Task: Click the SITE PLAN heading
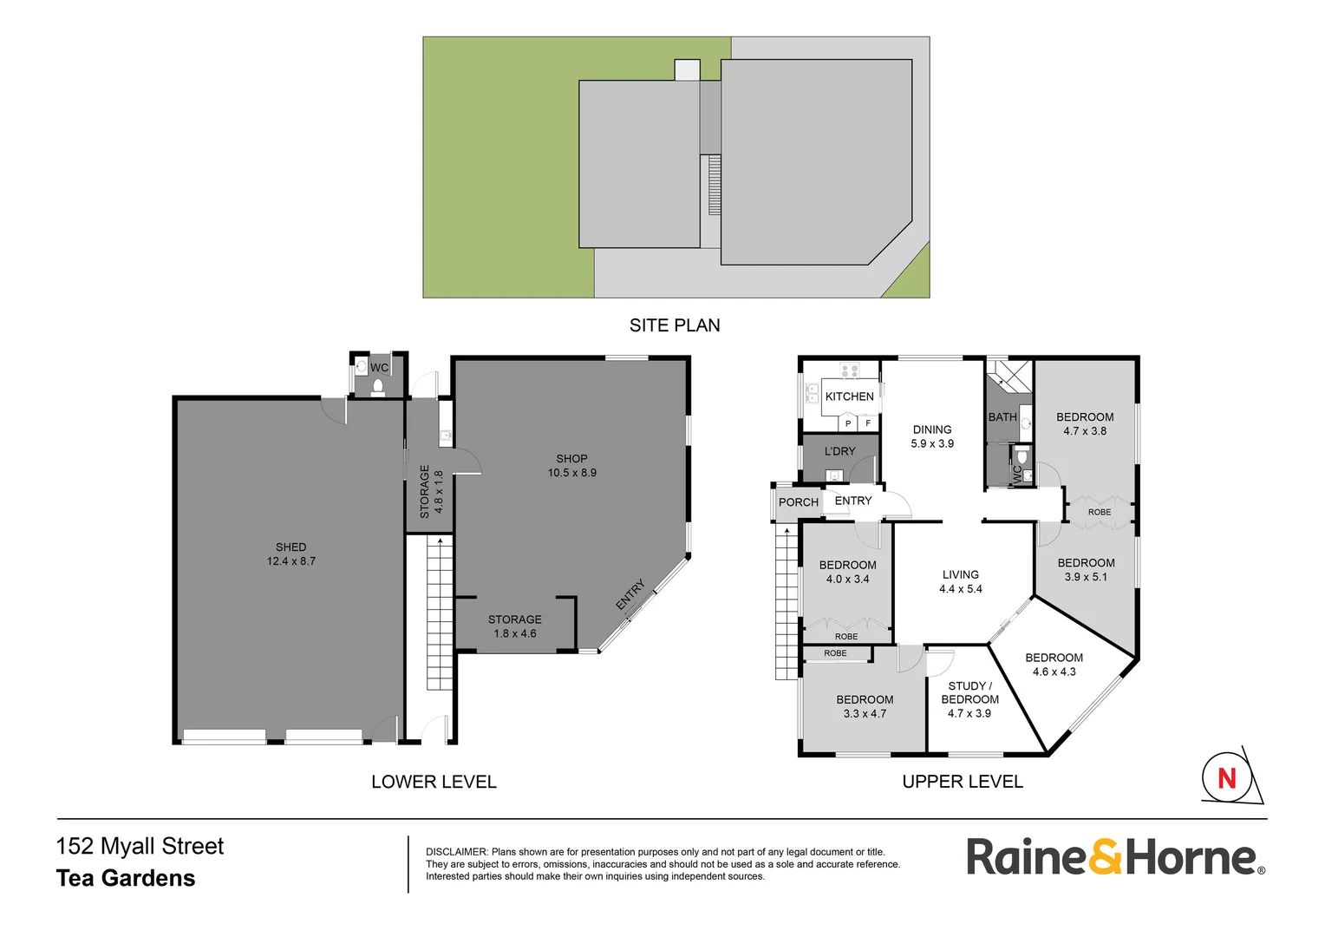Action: tap(675, 325)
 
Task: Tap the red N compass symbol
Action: tap(1226, 777)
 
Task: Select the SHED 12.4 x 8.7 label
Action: tap(291, 554)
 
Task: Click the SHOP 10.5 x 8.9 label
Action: tap(572, 466)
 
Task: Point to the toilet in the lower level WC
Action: tap(378, 387)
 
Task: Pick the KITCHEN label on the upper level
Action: tap(849, 396)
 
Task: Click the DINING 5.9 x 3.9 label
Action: tap(932, 436)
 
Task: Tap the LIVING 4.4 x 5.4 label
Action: tap(961, 581)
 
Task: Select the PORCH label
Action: tap(799, 502)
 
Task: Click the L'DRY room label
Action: tap(839, 451)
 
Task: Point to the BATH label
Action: tap(1002, 417)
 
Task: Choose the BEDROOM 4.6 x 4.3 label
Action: tap(1054, 665)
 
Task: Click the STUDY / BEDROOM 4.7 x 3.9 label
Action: tap(969, 699)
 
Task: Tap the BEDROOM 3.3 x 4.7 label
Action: tap(865, 706)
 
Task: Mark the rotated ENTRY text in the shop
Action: tap(630, 594)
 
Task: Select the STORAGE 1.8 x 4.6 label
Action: tap(515, 626)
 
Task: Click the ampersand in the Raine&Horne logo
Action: tap(1105, 857)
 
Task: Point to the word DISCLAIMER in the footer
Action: tap(456, 852)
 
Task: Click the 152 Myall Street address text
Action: tap(140, 847)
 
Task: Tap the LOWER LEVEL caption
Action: tap(434, 782)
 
